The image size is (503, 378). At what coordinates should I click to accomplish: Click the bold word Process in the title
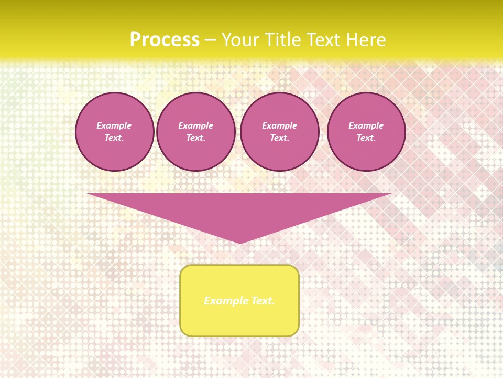pos(165,40)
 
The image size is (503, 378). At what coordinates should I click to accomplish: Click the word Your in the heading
pos(240,40)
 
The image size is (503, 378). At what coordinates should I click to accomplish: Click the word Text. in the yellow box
pos(262,301)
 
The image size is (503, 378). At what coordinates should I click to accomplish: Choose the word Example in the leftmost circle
pos(114,125)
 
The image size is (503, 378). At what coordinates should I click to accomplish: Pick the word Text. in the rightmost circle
pos(366,138)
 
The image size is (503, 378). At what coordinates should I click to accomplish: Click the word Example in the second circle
pos(195,125)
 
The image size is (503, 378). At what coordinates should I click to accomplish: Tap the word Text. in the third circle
pos(279,138)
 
